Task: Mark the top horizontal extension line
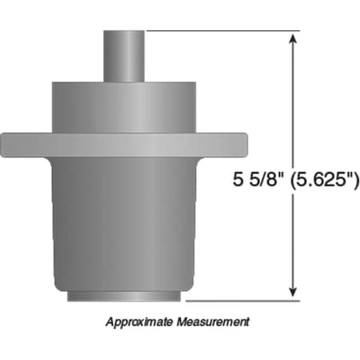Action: pyautogui.click(x=224, y=30)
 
